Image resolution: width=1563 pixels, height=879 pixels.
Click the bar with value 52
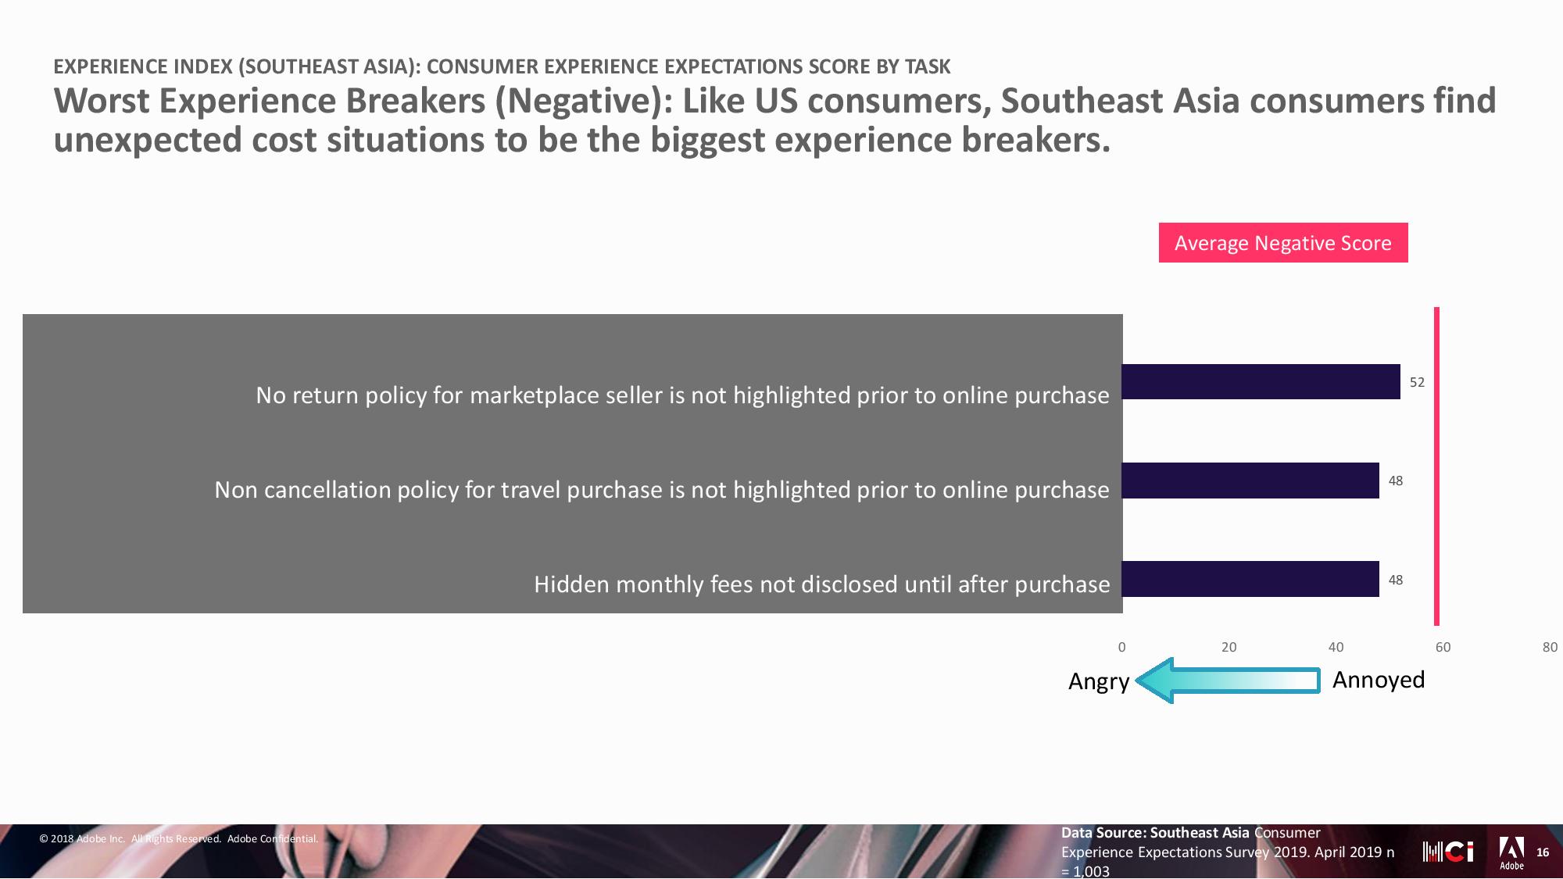1261,382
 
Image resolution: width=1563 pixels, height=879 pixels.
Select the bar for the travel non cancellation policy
1250,481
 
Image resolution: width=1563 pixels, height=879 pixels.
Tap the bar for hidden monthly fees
1250,579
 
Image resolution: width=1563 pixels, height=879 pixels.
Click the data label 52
1417,382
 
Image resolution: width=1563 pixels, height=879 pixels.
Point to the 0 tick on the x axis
1122,647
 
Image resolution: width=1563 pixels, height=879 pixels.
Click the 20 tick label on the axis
1229,647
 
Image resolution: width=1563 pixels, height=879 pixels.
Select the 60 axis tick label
1443,647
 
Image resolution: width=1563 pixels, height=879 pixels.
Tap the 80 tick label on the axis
1550,647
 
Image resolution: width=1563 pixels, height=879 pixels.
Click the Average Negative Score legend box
1283,243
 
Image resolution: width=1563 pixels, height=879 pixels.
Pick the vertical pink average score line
1436,466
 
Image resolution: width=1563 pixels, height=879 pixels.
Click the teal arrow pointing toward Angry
1228,681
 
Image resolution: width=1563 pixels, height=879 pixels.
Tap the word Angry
1099,682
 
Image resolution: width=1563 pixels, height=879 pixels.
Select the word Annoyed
1379,680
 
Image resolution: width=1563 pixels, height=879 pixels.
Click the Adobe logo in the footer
1511,853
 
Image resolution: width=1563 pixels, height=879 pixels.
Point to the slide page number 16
1543,852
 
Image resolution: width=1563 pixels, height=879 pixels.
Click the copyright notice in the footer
179,839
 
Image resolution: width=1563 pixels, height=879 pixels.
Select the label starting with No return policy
682,395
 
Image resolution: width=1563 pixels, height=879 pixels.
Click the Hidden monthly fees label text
822,584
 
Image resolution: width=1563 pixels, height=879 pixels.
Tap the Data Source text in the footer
1228,852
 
